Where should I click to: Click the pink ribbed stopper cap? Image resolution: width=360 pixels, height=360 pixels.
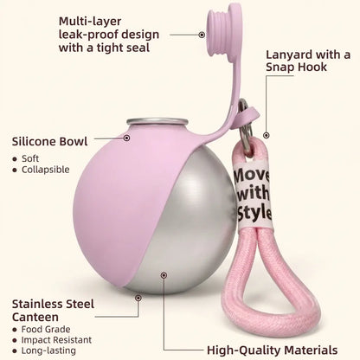(223, 33)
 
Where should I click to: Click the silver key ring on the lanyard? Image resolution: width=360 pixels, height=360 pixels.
(245, 127)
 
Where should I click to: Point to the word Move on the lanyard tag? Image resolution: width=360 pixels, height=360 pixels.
(252, 176)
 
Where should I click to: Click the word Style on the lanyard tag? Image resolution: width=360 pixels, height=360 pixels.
(254, 213)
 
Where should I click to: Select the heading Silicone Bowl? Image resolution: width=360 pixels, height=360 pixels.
(49, 141)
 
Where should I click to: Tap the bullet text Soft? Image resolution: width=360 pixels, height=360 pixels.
(30, 158)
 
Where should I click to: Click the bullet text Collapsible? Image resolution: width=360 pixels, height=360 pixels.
(46, 170)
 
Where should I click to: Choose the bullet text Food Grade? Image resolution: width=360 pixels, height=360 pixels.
(46, 329)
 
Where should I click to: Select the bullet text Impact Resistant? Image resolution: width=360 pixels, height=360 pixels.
(56, 340)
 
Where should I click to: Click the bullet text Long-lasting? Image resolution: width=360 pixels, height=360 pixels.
(48, 350)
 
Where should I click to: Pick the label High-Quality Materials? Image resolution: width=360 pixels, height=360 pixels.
(273, 350)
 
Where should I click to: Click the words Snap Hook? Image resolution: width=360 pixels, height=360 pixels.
(296, 67)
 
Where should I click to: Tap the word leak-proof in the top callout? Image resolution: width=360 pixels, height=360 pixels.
(87, 35)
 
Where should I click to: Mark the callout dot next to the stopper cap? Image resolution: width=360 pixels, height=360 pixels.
(202, 35)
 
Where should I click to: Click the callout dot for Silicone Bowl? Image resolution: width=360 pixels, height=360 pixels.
(126, 138)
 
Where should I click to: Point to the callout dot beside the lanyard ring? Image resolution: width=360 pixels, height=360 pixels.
(267, 135)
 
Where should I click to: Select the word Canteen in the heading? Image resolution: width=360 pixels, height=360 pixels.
(35, 317)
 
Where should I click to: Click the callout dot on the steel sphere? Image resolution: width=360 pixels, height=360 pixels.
(164, 275)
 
